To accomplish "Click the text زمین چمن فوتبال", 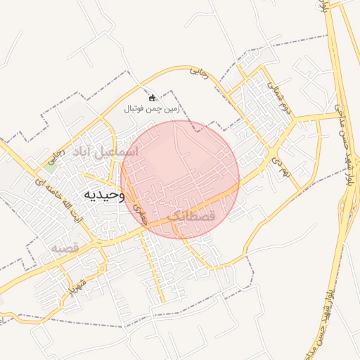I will [152, 109].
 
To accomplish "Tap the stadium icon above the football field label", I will [153, 98].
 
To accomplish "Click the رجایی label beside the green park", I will [51, 161].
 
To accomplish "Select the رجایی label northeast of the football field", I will [200, 72].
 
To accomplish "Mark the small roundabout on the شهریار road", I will [103, 269].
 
